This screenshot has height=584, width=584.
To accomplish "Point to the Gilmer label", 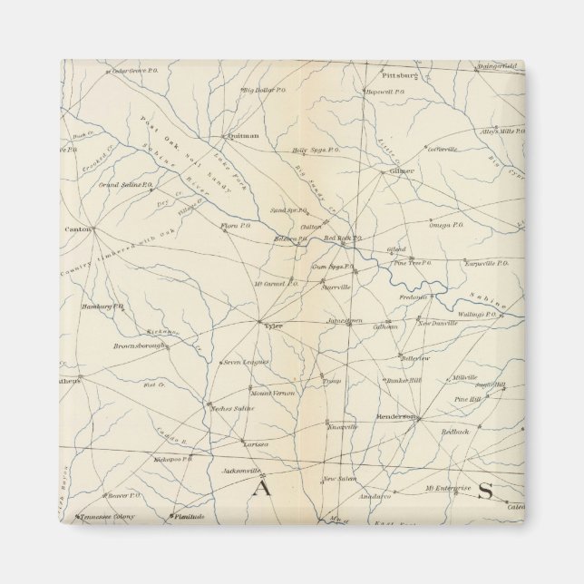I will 401,170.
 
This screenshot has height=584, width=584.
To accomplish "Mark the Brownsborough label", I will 141,346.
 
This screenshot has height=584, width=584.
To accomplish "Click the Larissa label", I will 255,443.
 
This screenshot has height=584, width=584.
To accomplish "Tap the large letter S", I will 484,492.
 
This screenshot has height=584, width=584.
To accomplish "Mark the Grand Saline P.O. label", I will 126,184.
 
